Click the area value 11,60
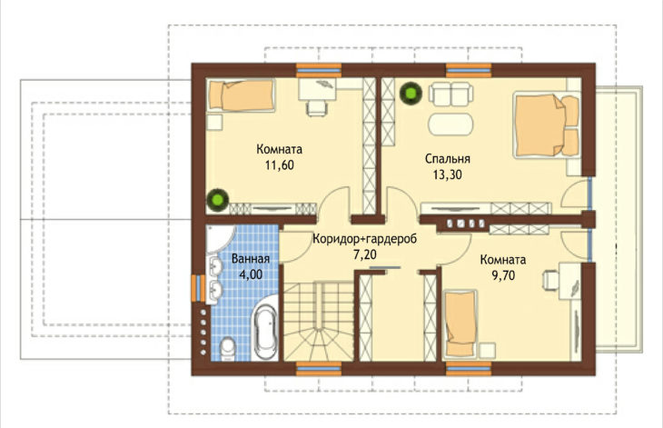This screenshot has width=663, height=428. tap(280, 165)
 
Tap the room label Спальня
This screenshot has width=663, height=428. tap(448, 159)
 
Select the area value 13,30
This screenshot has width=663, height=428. tap(448, 174)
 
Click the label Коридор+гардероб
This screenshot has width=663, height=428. tap(364, 239)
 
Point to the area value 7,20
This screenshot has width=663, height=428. tap(364, 254)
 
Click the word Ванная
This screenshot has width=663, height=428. tap(251, 258)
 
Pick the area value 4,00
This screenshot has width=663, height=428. tap(251, 274)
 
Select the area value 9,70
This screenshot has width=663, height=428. tap(503, 275)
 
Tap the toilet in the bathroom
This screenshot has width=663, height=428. tap(228, 350)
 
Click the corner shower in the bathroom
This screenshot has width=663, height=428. tap(218, 239)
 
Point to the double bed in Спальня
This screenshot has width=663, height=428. tap(546, 124)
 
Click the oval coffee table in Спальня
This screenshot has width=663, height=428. tap(451, 124)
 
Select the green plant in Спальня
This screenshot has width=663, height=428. tap(411, 93)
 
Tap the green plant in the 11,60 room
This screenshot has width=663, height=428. tap(218, 199)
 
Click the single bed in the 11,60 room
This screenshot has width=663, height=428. tap(241, 95)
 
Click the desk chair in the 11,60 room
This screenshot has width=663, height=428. tap(317, 108)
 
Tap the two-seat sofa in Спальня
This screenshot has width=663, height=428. tap(450, 94)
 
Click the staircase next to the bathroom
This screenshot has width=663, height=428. tap(318, 322)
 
